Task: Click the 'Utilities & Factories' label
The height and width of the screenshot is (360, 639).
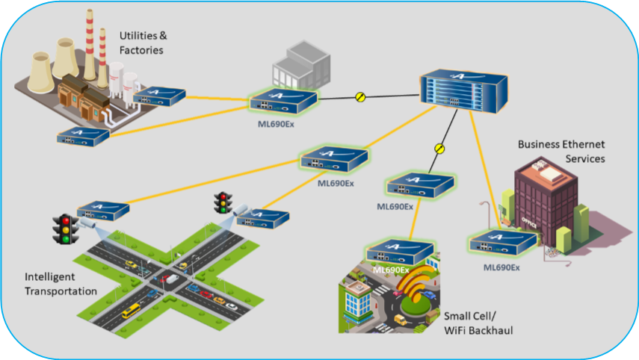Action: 143,43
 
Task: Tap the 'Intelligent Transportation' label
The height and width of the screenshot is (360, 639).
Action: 61,284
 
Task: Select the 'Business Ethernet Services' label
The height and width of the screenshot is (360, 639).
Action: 561,151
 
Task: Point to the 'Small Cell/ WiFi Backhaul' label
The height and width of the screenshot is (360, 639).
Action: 478,323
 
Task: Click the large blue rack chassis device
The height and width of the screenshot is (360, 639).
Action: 464,91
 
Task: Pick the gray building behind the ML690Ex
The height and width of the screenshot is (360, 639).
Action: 302,65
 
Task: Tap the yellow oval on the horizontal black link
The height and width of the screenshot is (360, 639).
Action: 360,97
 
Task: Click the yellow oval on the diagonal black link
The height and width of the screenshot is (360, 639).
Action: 439,149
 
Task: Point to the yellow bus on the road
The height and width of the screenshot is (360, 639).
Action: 132,311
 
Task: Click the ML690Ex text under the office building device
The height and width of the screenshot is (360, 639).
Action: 501,267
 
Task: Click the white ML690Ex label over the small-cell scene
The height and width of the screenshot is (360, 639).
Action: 391,270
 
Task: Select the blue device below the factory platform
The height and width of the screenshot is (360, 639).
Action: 83,137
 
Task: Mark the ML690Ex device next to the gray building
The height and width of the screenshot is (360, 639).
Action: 284,102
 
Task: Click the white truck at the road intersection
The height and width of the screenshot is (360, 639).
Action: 172,279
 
